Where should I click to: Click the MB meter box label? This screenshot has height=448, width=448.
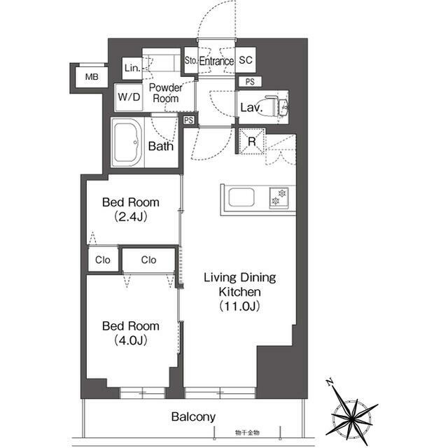pos(92,76)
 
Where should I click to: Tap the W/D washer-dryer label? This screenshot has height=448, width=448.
pos(129,97)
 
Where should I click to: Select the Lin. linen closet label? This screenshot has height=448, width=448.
pos(132,68)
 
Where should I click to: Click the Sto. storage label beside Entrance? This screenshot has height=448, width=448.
pos(191,60)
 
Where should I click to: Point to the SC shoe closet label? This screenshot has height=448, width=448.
pos(246,60)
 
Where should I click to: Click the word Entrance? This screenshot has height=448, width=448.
pos(216,61)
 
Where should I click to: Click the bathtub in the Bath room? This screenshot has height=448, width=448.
pos(127,143)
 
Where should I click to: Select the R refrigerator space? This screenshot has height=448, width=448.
pos(252,141)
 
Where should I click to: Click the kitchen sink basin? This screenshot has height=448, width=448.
pos(241,197)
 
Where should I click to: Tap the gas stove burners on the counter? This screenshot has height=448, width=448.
pos(279,197)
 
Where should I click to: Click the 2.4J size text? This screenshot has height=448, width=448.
pos(131,217)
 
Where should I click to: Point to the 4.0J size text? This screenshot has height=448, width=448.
pos(131,340)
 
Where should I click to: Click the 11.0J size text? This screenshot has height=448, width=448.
pos(239,307)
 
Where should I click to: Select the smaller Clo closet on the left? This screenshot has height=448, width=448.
pos(103,260)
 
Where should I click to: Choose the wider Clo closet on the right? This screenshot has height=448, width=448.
pos(148,260)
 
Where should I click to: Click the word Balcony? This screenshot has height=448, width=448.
pos(193,417)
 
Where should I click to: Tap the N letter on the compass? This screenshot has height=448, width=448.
pos(330,381)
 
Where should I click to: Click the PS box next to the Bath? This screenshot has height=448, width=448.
pos(188,120)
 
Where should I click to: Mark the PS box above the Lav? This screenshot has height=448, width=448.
pos(250,82)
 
